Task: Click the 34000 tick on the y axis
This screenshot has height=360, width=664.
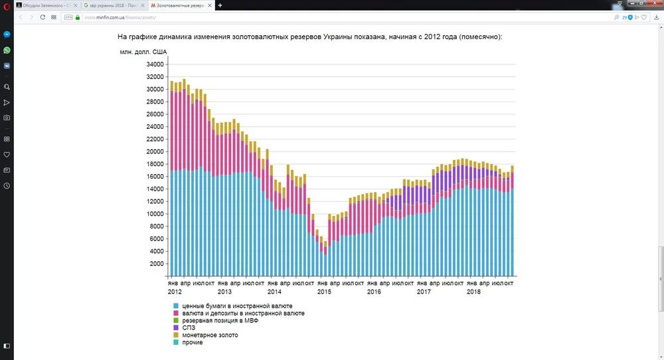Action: (x=155, y=64)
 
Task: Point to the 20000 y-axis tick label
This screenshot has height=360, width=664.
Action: (x=155, y=151)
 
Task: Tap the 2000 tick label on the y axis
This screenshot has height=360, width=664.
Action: (x=157, y=264)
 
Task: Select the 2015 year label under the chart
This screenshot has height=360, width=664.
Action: (x=323, y=292)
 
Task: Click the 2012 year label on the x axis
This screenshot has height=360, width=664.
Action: (x=175, y=292)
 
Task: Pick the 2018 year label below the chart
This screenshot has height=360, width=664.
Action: (x=473, y=292)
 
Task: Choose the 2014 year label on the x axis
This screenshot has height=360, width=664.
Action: (x=274, y=292)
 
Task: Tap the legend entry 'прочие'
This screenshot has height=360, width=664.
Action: (x=193, y=342)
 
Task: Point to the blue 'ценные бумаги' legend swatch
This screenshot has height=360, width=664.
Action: (x=176, y=306)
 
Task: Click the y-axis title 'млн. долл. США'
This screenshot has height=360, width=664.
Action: (x=143, y=51)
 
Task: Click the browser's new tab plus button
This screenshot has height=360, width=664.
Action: (x=220, y=5)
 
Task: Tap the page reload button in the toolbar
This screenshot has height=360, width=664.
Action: (x=43, y=17)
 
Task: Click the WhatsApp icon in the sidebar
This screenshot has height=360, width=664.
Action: (x=7, y=50)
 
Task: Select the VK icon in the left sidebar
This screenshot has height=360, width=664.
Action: (x=7, y=66)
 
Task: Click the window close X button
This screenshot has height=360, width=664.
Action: (x=657, y=5)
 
